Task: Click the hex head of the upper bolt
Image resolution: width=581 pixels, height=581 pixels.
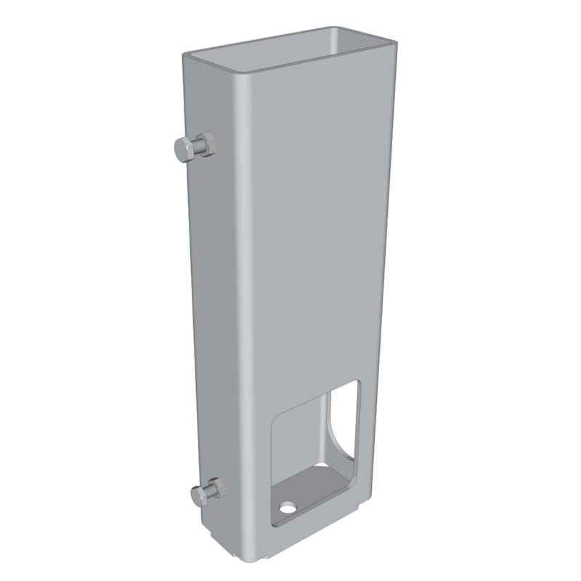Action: [x=183, y=150]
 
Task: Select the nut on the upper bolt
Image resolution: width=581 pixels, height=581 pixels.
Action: [x=206, y=145]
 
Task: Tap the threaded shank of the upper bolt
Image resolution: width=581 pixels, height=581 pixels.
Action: [x=195, y=147]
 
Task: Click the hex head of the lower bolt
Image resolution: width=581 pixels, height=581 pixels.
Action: [x=200, y=497]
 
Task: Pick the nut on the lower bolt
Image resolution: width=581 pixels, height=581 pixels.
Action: [x=216, y=487]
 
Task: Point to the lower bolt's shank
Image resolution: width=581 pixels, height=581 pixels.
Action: [x=208, y=492]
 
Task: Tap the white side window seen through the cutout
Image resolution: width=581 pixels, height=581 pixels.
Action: [x=345, y=421]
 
